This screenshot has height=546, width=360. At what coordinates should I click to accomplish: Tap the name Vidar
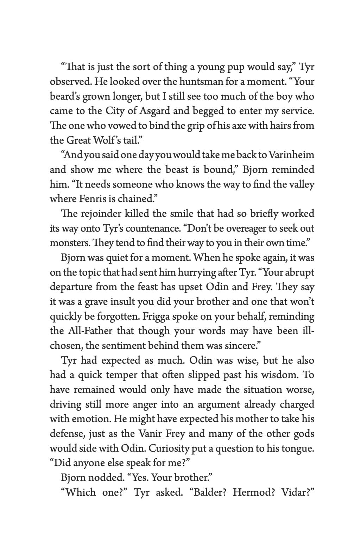[x=297, y=492]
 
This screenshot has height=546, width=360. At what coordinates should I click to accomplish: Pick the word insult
[x=122, y=302]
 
